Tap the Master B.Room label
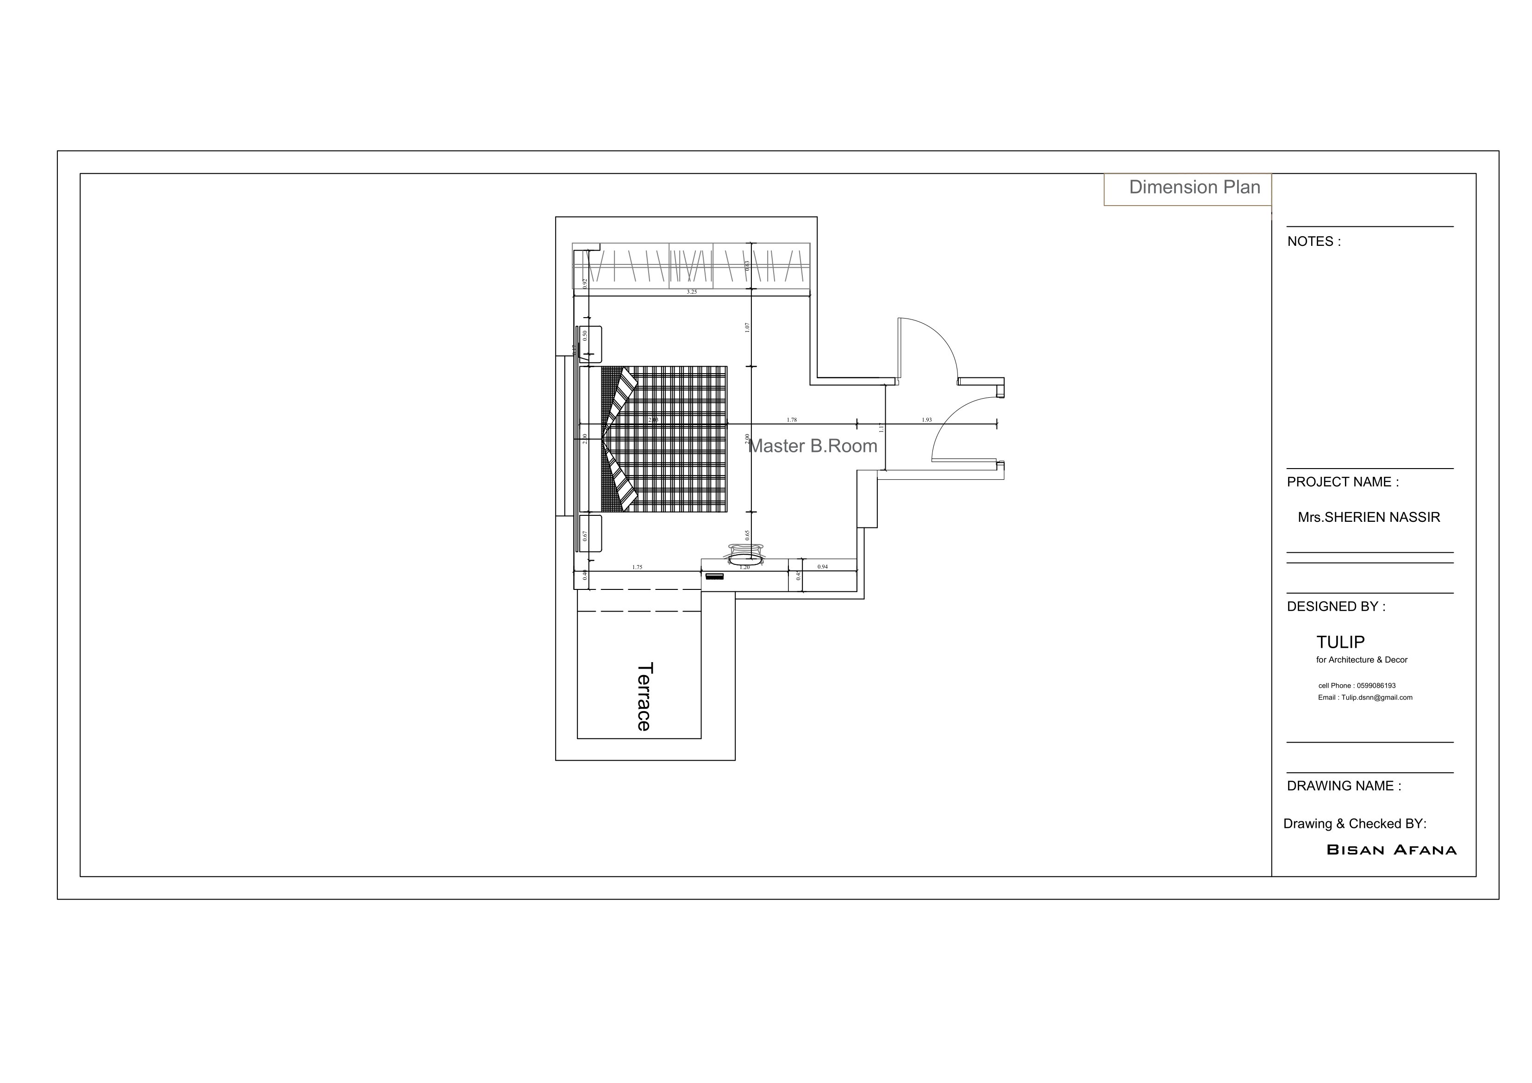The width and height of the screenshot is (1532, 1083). click(x=812, y=446)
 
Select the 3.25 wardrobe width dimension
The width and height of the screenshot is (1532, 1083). click(x=692, y=292)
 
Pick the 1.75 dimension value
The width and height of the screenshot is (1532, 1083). click(x=637, y=567)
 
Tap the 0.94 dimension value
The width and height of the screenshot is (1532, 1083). click(x=823, y=567)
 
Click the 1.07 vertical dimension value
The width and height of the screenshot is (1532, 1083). click(x=747, y=328)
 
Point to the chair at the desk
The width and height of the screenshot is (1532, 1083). click(x=745, y=553)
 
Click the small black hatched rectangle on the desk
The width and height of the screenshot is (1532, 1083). click(x=715, y=576)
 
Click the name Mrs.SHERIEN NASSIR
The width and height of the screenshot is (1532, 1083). click(x=1369, y=517)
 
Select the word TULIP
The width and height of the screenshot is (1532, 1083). click(x=1340, y=642)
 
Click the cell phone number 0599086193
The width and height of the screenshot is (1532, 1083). click(x=1376, y=685)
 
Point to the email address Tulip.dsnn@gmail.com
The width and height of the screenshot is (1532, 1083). click(x=1376, y=697)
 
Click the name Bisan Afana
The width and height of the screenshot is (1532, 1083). click(x=1391, y=850)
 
